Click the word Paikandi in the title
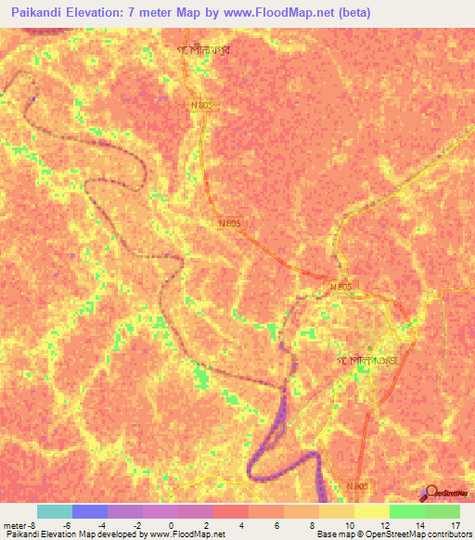[x=34, y=11]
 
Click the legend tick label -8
[x=33, y=524]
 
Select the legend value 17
[x=455, y=524]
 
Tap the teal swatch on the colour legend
[x=55, y=511]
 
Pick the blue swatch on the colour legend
[x=90, y=511]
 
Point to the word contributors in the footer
[x=449, y=534]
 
